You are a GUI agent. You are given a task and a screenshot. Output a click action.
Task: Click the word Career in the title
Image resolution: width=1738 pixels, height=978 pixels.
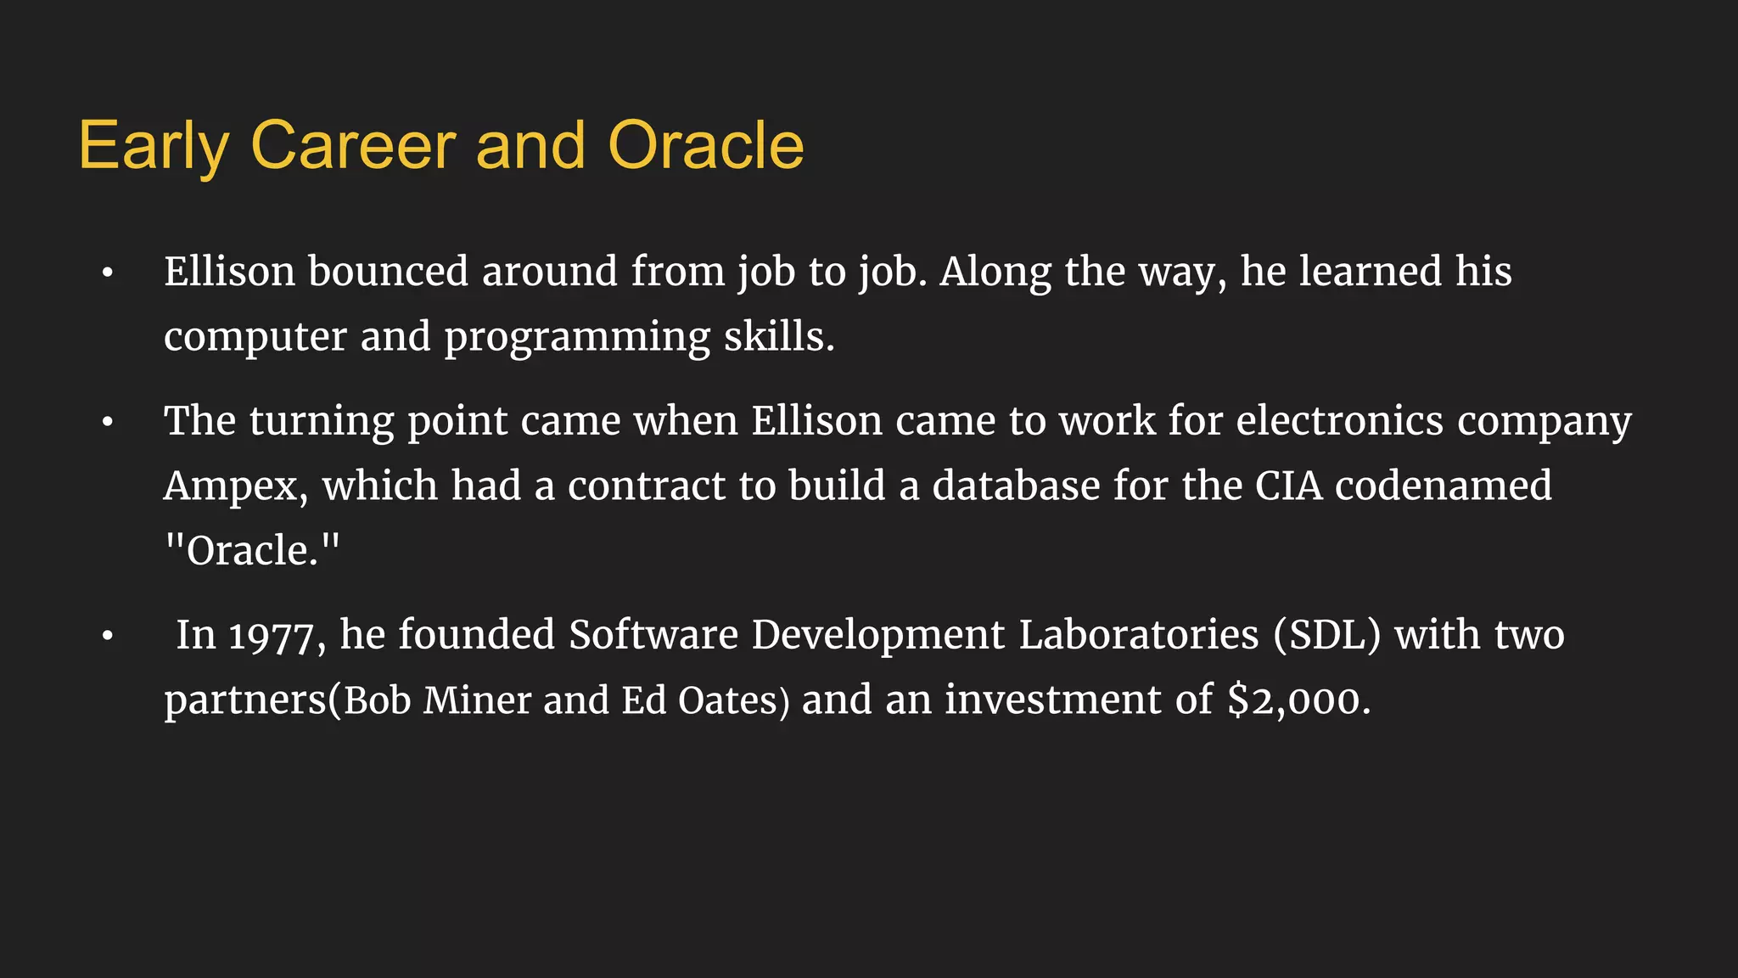click(353, 145)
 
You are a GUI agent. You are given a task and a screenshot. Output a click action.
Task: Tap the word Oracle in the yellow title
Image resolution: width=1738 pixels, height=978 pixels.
click(706, 145)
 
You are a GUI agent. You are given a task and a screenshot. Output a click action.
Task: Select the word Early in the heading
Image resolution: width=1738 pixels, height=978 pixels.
click(154, 147)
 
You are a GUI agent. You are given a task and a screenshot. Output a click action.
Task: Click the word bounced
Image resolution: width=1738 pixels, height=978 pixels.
click(388, 272)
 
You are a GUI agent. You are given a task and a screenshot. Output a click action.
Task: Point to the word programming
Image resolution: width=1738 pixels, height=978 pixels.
click(577, 337)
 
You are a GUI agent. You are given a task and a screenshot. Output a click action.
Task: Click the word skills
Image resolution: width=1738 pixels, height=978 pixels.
click(779, 336)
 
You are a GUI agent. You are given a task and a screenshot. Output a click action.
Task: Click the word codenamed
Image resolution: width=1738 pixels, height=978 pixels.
click(1444, 486)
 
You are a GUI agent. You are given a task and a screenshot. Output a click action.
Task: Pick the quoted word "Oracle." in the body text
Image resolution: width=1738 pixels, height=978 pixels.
click(251, 551)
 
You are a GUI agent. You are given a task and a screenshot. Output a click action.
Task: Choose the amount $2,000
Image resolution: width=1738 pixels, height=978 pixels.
click(1298, 700)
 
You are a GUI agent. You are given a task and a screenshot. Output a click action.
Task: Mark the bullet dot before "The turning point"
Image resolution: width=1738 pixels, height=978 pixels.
click(107, 422)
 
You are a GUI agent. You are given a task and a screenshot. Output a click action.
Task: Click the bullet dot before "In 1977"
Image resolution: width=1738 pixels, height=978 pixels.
click(107, 636)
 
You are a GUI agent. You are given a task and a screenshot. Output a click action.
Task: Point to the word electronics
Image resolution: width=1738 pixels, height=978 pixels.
click(1339, 421)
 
